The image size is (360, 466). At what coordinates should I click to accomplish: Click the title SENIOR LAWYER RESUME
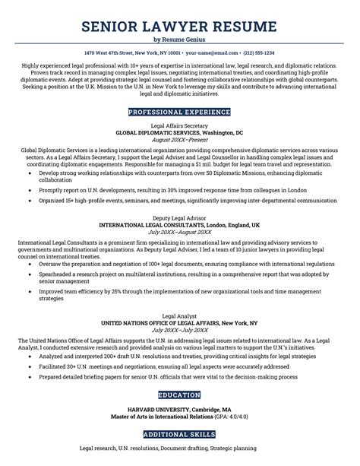[x=180, y=28]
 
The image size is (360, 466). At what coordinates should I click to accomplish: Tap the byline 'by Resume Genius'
[x=180, y=40]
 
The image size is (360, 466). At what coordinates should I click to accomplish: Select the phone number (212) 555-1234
[x=258, y=53]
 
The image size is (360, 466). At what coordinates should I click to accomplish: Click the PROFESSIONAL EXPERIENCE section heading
[x=180, y=112]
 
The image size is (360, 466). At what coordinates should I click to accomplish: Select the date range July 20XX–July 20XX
[x=180, y=331]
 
